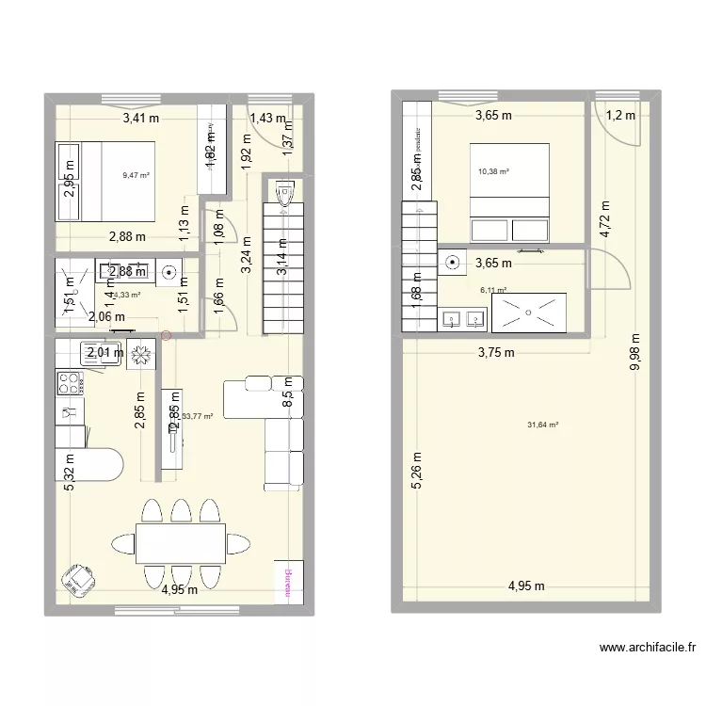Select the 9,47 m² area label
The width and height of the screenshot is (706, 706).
point(136,175)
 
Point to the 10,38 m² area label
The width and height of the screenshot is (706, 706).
point(493,172)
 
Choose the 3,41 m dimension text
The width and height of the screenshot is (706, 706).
point(140,119)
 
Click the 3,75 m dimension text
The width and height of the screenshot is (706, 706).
point(495,353)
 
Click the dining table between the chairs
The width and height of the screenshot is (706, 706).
point(180,543)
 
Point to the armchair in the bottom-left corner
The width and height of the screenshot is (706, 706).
point(77,581)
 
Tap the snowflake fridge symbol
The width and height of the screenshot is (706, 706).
point(141,354)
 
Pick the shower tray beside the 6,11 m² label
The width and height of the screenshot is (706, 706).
point(529,313)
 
